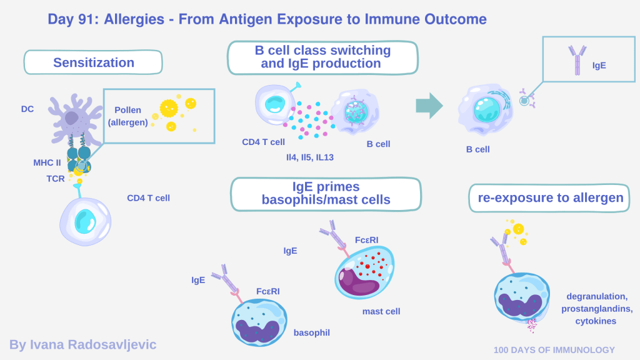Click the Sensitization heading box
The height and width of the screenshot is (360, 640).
point(93,62)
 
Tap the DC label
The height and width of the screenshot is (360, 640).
point(27,109)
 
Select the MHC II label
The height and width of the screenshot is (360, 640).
point(48,162)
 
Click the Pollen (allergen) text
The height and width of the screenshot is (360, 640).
point(127,116)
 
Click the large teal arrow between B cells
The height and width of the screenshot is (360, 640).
point(429,106)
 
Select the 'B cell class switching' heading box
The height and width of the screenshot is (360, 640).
point(322,57)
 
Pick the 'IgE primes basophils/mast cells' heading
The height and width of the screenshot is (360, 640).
point(325,193)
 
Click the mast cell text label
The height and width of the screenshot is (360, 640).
point(381,311)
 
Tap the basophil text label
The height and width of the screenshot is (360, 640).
point(311,332)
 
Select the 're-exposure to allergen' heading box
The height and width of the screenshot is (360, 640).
point(550,198)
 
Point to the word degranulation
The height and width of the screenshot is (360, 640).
point(597,296)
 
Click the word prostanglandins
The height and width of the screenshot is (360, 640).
point(597,309)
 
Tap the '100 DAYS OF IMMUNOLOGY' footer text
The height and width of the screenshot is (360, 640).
point(554,350)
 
